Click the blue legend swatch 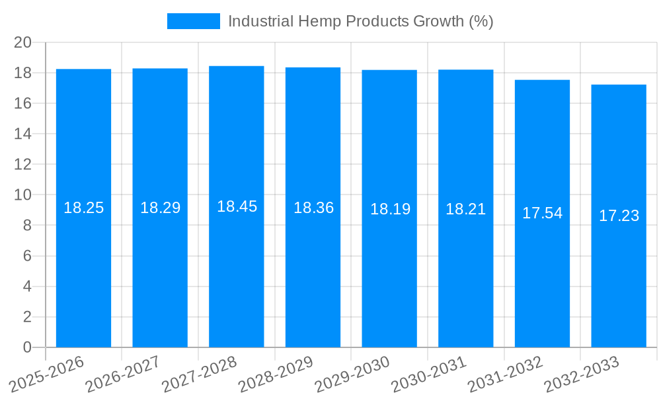coord(193,21)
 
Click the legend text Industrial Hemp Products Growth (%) coord(360,21)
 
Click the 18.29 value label coord(160,208)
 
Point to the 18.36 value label coord(313,208)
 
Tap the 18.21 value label coord(465,209)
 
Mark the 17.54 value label coord(542,213)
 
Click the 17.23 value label coord(619,216)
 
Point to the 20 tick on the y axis coord(23,42)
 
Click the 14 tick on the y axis coord(23,134)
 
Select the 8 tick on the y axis coord(27,226)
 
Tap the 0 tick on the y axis coord(27,347)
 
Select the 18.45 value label coord(237,206)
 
